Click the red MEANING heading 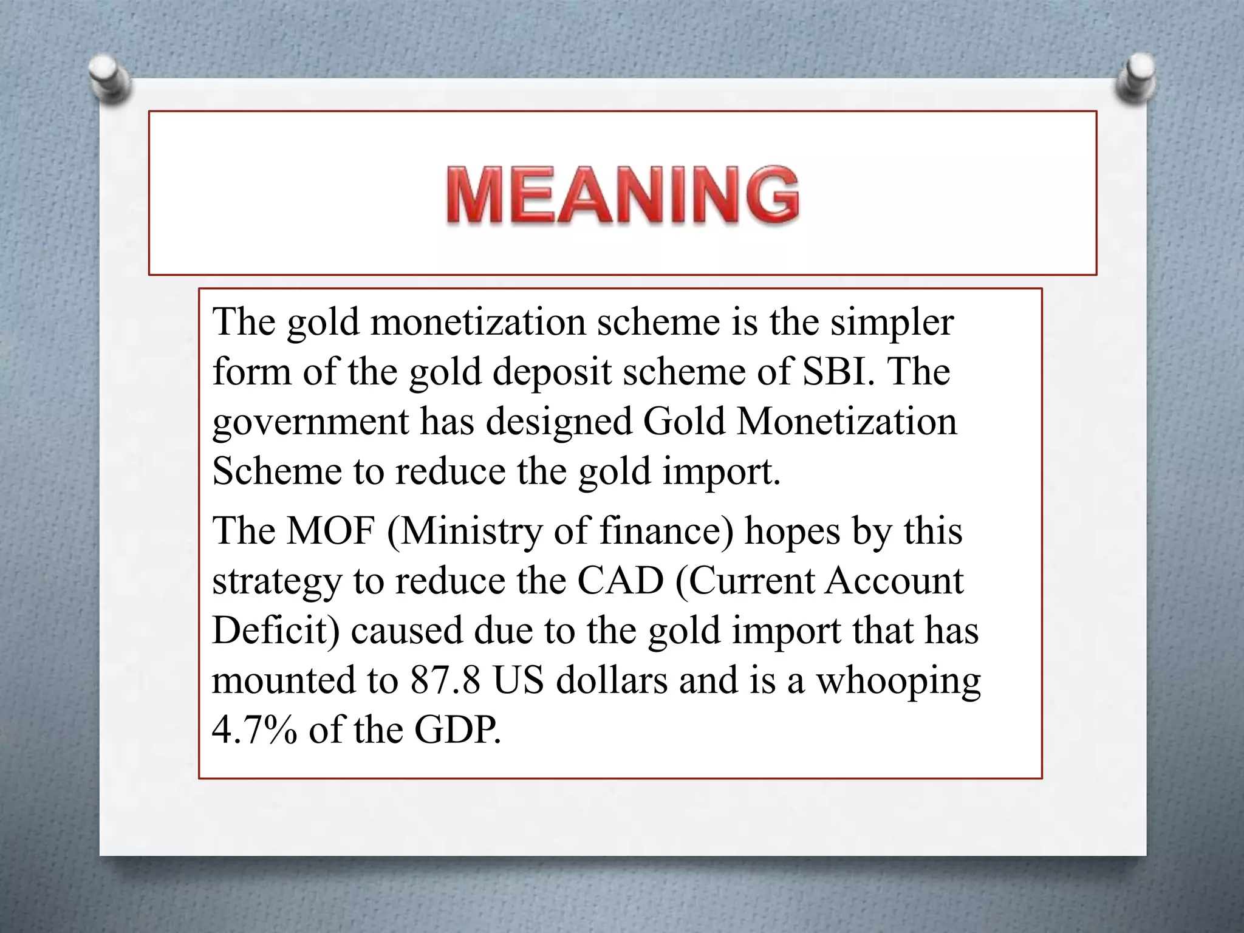(623, 195)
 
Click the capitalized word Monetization (846, 421)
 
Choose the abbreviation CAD (620, 581)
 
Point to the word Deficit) (276, 631)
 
